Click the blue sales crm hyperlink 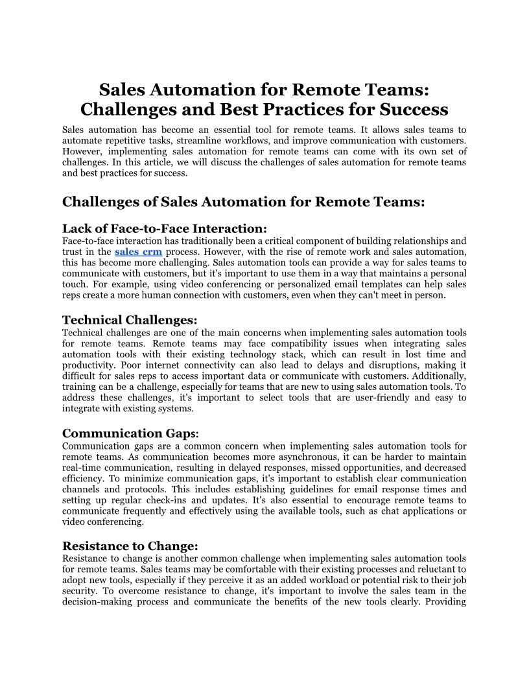(138, 252)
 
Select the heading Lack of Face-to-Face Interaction (164, 228)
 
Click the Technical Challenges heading (130, 320)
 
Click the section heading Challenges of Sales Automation (243, 202)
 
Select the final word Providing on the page (445, 601)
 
